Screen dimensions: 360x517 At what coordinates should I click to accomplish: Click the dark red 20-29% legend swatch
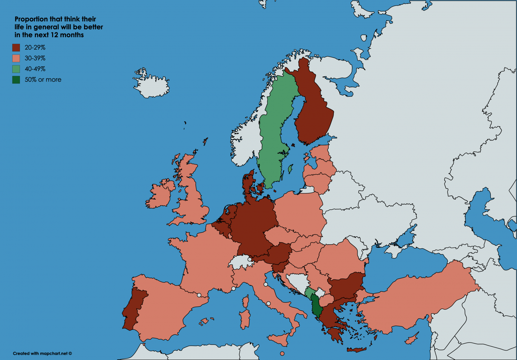[16, 48]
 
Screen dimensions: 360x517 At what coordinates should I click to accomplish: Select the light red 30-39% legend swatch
[16, 58]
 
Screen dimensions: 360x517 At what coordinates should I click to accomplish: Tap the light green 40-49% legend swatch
[16, 69]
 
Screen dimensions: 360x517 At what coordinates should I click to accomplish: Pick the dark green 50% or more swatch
[16, 80]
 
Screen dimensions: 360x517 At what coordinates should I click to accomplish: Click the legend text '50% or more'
[43, 80]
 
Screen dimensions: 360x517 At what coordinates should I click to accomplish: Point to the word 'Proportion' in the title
[31, 19]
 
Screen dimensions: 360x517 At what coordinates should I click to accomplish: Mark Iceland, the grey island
[151, 85]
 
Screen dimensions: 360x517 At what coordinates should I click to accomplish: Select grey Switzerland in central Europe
[240, 262]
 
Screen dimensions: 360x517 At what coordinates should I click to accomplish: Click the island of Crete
[356, 349]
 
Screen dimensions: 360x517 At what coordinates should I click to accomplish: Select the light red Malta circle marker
[282, 353]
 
